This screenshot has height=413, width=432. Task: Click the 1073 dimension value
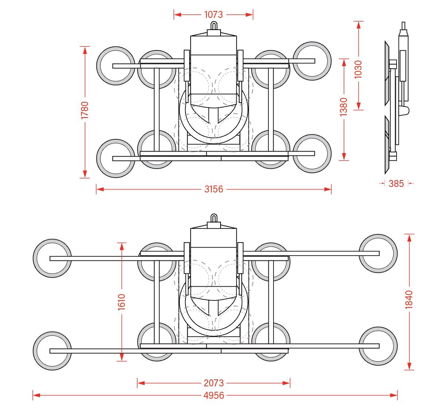pyautogui.click(x=213, y=15)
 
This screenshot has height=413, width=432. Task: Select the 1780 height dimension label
pyautogui.click(x=85, y=110)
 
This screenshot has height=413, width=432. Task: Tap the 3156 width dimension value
pyautogui.click(x=214, y=189)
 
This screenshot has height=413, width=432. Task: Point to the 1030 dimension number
pyautogui.click(x=358, y=69)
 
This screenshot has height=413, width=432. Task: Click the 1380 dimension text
pyautogui.click(x=344, y=107)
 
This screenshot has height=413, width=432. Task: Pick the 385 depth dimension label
pyautogui.click(x=396, y=183)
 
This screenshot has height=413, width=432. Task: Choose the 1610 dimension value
pyautogui.click(x=122, y=302)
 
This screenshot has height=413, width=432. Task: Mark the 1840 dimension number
pyautogui.click(x=409, y=299)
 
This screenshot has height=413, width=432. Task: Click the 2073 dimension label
pyautogui.click(x=214, y=383)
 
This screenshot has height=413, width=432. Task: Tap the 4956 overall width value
pyautogui.click(x=214, y=395)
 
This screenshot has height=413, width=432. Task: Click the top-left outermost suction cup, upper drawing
pyautogui.click(x=116, y=66)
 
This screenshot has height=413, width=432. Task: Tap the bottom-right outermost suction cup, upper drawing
pyautogui.click(x=312, y=153)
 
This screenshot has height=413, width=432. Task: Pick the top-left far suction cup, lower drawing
pyautogui.click(x=52, y=258)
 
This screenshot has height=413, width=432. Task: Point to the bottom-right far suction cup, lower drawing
pyautogui.click(x=378, y=346)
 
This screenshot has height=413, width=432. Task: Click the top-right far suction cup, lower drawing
pyautogui.click(x=378, y=253)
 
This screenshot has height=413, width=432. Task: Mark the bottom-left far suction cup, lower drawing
pyautogui.click(x=52, y=351)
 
